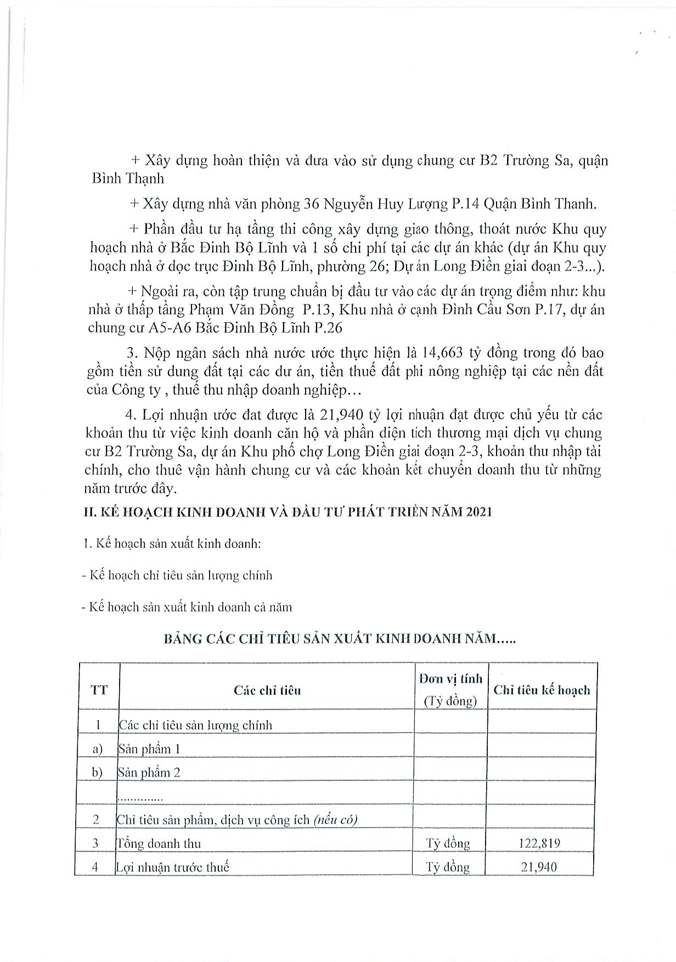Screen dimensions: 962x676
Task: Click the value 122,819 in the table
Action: coord(539,843)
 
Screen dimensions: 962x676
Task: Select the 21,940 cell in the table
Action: coord(539,867)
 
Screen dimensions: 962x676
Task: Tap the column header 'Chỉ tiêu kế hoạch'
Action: coord(542,690)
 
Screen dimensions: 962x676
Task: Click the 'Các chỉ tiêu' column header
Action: coord(267,690)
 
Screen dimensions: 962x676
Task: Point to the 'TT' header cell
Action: coord(99,690)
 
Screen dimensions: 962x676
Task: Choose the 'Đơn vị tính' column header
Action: coord(450,679)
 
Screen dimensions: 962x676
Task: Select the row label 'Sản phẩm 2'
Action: coord(149,773)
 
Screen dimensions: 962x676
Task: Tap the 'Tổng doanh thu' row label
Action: coord(159,843)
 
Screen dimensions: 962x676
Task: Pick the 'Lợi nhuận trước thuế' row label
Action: coord(172,867)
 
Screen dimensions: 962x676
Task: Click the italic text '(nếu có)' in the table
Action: coord(335,820)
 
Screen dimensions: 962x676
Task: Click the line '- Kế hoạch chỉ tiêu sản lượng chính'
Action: coord(176,576)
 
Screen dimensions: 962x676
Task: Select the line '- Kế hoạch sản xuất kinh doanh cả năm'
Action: coord(186,607)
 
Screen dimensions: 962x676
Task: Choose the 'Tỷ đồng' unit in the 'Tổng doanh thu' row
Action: coord(448,843)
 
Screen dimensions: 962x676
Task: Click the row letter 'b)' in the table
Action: coord(98,773)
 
